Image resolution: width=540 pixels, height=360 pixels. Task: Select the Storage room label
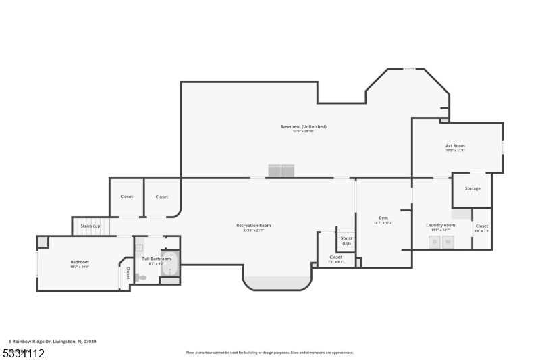pos(473,188)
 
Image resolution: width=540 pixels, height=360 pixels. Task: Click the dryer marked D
pos(435,241)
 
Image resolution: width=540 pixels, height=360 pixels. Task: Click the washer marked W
pos(448,241)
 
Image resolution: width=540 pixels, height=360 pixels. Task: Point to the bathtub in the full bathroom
pos(169,263)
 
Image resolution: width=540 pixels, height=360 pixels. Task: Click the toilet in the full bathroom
pos(141,277)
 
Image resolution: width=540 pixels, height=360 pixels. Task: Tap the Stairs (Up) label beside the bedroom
pos(90,226)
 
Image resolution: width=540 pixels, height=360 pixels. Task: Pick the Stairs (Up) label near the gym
pos(346,240)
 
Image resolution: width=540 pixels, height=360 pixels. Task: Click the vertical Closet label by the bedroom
pos(128,273)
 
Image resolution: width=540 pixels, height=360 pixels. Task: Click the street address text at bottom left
pos(53,341)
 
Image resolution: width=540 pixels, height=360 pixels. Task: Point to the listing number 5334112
pos(23,353)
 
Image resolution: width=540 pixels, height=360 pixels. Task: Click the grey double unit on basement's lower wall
pos(281,170)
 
